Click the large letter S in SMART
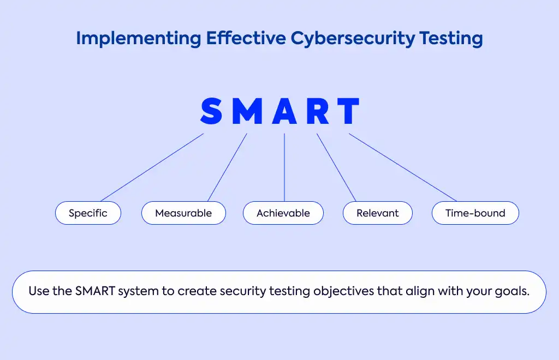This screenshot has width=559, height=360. [211, 111]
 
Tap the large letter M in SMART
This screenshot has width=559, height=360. [248, 111]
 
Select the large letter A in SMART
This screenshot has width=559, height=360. [284, 111]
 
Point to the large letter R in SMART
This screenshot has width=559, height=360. [318, 111]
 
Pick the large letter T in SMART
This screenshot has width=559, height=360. [348, 111]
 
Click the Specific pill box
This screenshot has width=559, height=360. [88, 213]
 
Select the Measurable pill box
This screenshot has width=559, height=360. [183, 213]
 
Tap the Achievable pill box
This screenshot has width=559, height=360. [283, 213]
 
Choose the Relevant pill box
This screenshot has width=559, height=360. [378, 213]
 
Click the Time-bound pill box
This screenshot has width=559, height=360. [475, 213]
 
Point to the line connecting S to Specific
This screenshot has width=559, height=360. [152, 167]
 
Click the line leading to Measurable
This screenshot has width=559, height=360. [228, 167]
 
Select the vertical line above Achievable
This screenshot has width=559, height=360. [284, 167]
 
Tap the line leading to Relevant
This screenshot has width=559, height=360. [336, 167]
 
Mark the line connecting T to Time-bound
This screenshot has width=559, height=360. [403, 167]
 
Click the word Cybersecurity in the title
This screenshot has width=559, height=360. [353, 39]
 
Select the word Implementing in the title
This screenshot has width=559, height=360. [139, 39]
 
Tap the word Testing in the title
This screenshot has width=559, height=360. [451, 39]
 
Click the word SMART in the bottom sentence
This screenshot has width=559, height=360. [95, 291]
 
